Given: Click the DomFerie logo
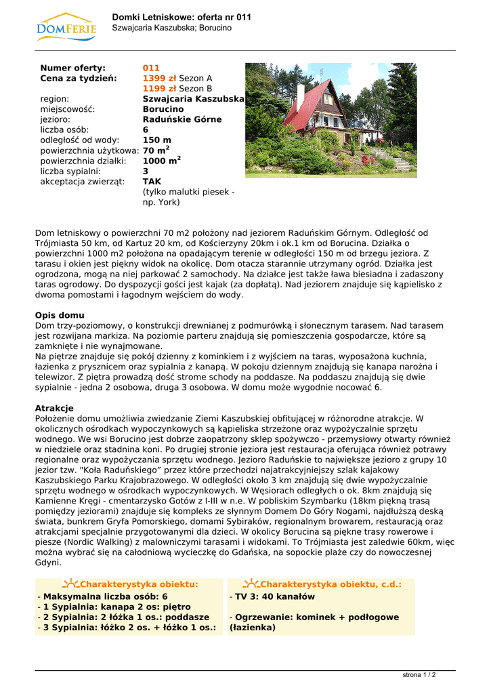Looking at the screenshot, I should coord(66,26).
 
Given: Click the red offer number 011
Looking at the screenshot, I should coord(151,68).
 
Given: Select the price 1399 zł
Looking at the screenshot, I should coord(159,78).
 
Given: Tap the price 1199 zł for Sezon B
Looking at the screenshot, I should coord(159,88).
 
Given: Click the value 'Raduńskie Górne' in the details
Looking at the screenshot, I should coord(182,119).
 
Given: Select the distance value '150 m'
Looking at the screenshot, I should coord(157,140).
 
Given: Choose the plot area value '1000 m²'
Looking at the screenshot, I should coord(161,161).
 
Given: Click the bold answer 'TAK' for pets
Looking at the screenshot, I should coord(152,181).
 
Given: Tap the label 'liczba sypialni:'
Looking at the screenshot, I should coord(70,171).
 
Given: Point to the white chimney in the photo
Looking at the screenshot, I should coord(301,95).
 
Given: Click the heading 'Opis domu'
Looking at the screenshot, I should coord(60,315).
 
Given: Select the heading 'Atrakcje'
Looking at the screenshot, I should coord(54,408).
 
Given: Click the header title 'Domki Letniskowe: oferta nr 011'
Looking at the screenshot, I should coord(182,17).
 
